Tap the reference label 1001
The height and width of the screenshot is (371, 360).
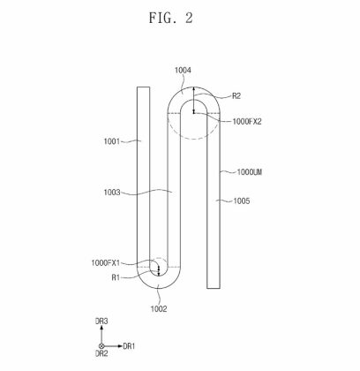pyautogui.click(x=113, y=140)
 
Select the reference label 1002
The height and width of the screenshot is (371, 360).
pyautogui.click(x=158, y=308)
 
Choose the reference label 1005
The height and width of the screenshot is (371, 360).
pyautogui.click(x=241, y=201)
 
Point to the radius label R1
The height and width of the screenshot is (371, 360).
pyautogui.click(x=116, y=277)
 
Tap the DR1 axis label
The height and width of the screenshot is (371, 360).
pyautogui.click(x=129, y=345)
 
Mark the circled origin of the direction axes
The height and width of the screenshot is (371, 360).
pyautogui.click(x=101, y=345)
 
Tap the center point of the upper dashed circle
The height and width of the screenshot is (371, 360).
pyautogui.click(x=193, y=111)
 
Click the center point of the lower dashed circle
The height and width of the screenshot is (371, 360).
pyautogui.click(x=158, y=268)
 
